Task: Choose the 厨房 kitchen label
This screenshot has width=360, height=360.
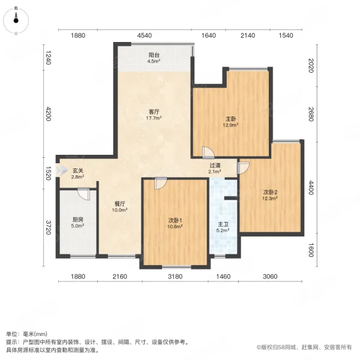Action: click(78, 223)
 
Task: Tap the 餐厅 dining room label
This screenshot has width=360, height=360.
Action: click(119, 206)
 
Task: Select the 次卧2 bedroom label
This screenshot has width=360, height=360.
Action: click(270, 196)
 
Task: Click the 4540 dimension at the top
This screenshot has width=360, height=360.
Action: click(145, 36)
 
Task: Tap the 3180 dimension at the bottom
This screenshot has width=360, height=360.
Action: click(175, 276)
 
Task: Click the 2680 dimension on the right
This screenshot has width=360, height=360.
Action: click(311, 114)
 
